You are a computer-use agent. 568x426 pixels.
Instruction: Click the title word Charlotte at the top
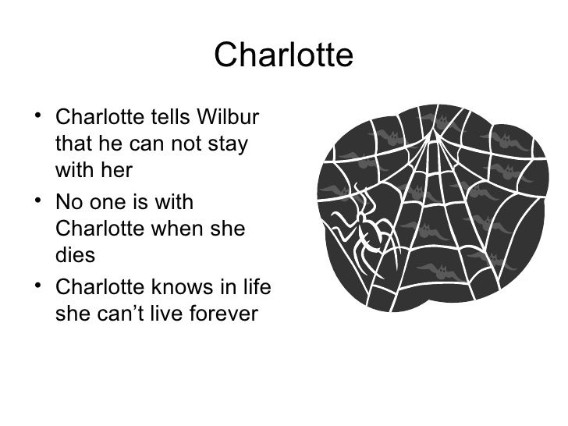pyautogui.click(x=283, y=55)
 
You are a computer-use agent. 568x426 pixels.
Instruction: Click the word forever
pyautogui.click(x=228, y=314)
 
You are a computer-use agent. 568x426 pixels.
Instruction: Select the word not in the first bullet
pyautogui.click(x=184, y=146)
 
